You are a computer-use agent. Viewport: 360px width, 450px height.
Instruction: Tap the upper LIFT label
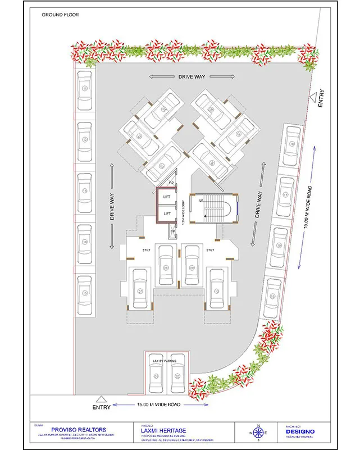(166, 196)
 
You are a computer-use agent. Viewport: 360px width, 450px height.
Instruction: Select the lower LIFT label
(166, 214)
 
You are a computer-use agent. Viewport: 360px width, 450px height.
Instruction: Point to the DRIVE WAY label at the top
(191, 76)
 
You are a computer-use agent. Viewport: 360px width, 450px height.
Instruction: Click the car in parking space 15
(85, 293)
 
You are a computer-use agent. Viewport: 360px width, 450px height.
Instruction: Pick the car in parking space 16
(292, 145)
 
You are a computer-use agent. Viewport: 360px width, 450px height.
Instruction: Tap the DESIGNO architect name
(300, 431)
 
